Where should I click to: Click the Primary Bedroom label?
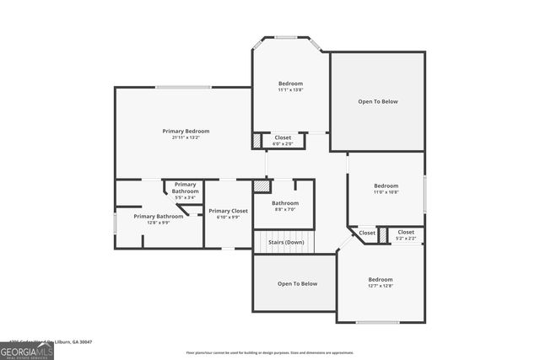coord(186,131)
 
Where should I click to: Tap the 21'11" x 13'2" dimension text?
coord(186,137)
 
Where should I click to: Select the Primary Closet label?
coord(228,210)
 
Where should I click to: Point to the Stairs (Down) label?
coord(286,242)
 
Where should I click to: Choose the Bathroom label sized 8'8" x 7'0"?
coord(285,202)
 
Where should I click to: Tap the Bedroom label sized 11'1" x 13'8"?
coord(290,83)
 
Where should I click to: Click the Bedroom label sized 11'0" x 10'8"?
coord(386,185)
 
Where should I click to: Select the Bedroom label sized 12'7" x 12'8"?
coord(380,279)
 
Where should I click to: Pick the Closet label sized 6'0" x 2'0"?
coord(283,137)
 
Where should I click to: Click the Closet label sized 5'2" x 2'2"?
coord(406,232)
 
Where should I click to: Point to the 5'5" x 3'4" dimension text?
coord(185,197)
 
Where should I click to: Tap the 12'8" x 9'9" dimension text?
coord(158,223)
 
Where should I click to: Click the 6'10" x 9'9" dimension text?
coord(228,217)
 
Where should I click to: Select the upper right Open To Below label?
coord(377,101)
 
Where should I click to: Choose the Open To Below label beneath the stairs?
coord(297,283)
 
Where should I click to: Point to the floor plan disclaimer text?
coord(270,352)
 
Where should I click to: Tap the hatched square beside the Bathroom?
coord(262,185)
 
